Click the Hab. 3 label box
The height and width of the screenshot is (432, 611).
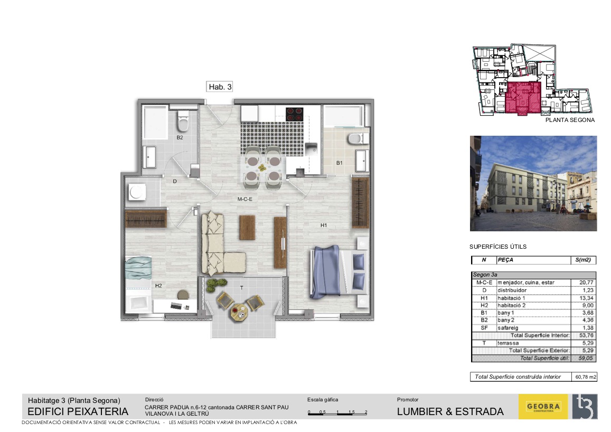[x=219, y=87]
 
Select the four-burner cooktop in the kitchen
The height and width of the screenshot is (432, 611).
[x=295, y=114]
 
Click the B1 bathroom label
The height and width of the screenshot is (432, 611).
[x=340, y=163]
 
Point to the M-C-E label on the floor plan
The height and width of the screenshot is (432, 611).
[x=245, y=199]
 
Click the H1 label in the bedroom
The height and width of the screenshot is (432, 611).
[x=323, y=225]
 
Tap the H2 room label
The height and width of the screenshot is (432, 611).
[x=158, y=286]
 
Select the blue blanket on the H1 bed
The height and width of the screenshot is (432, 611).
[x=326, y=271]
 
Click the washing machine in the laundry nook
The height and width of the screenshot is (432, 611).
[x=137, y=192]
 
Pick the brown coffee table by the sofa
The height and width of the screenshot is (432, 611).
[x=247, y=228]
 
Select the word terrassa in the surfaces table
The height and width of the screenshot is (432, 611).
[x=508, y=343]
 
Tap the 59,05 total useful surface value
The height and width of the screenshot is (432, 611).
[x=586, y=358]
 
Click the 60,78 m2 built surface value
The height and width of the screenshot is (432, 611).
[x=586, y=377]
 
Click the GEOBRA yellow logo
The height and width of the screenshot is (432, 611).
[x=543, y=407]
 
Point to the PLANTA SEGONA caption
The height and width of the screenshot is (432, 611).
[x=570, y=120]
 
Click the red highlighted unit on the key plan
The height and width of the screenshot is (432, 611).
[x=523, y=98]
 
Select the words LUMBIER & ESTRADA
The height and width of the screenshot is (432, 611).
[x=450, y=412]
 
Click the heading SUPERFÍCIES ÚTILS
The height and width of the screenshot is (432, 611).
[x=498, y=247]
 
